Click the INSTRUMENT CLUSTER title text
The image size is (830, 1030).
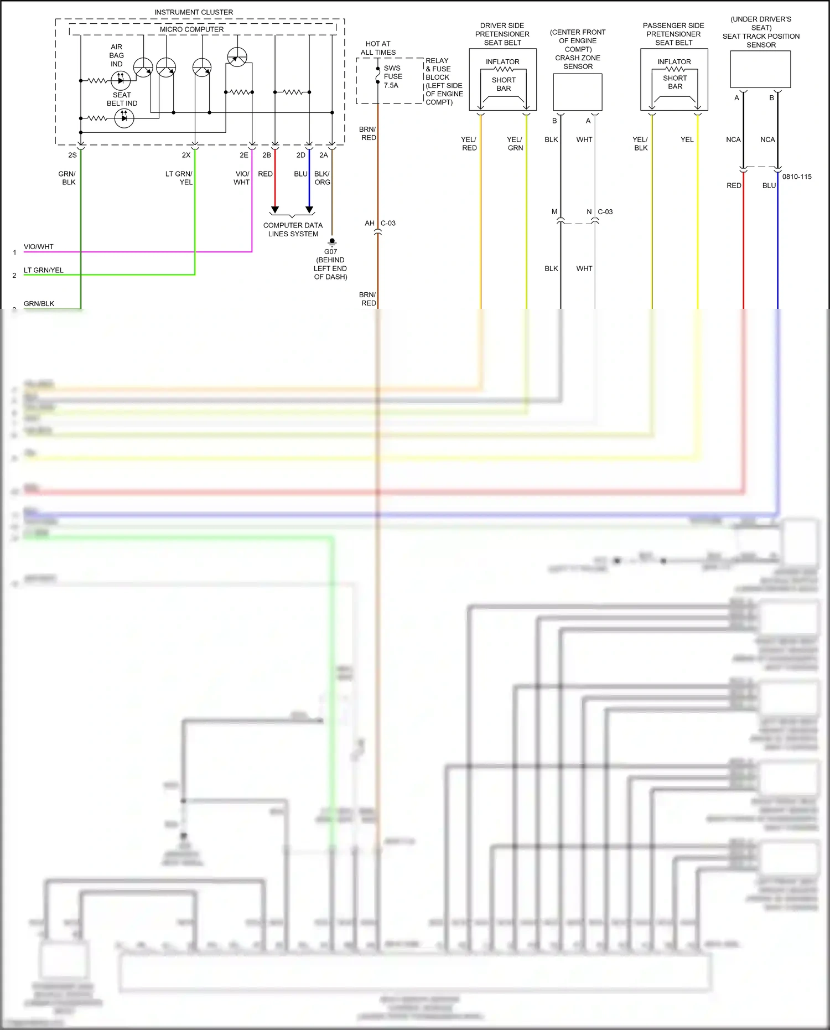[x=193, y=12]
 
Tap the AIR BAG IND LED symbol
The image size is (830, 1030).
[x=121, y=81]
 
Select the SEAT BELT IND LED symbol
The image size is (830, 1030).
[x=124, y=118]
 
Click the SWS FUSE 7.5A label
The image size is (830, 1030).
[x=392, y=77]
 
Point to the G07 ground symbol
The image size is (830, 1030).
[x=332, y=242]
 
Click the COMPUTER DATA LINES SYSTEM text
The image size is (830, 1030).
[x=293, y=230]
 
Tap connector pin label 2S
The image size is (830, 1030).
[x=72, y=156]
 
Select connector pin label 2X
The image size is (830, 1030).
[x=186, y=156]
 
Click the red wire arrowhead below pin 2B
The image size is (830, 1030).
[x=275, y=210]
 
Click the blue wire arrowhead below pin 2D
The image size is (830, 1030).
[x=309, y=210]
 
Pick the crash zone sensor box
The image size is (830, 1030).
[x=578, y=92]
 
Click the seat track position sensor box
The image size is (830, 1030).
[x=760, y=69]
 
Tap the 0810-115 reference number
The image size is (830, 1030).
[x=797, y=177]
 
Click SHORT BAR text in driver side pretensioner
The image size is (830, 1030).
[x=504, y=84]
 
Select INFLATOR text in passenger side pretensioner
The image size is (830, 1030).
[x=674, y=62]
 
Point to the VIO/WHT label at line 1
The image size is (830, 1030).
[x=39, y=247]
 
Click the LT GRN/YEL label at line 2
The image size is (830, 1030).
[x=44, y=270]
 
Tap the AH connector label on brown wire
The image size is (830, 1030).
[x=369, y=224]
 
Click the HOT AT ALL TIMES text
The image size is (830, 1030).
[x=378, y=48]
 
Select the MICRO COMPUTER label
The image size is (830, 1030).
[x=191, y=29]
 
